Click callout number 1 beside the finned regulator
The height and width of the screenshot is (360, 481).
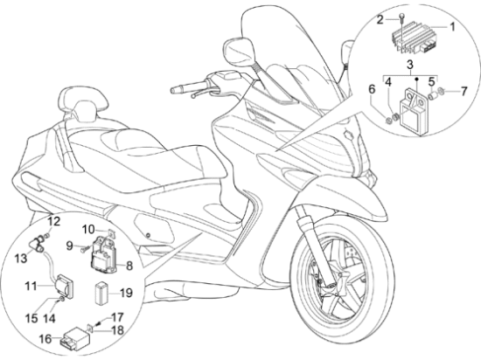pyautogui.click(x=452, y=27)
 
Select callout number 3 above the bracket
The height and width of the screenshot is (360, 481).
pyautogui.click(x=410, y=65)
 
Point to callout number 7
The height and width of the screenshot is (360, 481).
pyautogui.click(x=464, y=91)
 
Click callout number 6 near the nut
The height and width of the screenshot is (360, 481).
pyautogui.click(x=372, y=89)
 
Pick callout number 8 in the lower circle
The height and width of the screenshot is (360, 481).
pyautogui.click(x=129, y=266)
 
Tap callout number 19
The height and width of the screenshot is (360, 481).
pyautogui.click(x=126, y=294)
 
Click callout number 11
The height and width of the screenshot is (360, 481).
pyautogui.click(x=31, y=286)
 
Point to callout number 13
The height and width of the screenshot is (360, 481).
pyautogui.click(x=21, y=259)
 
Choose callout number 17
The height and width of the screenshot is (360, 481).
pyautogui.click(x=117, y=317)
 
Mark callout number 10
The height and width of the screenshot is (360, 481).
pyautogui.click(x=88, y=229)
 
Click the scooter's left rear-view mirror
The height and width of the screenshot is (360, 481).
pyautogui.click(x=239, y=51)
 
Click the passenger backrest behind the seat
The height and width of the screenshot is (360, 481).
pyautogui.click(x=83, y=101)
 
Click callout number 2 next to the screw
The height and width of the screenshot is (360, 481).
pyautogui.click(x=380, y=20)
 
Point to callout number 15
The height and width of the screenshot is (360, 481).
pyautogui.click(x=31, y=318)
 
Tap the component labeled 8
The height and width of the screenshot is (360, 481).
pyautogui.click(x=104, y=253)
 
